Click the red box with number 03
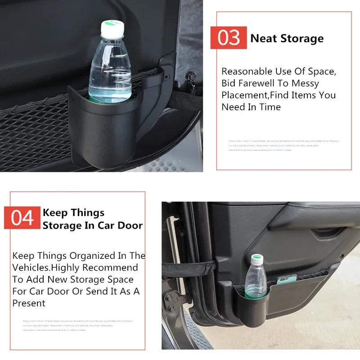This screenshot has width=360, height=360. (229, 38)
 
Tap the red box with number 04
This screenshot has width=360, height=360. (22, 218)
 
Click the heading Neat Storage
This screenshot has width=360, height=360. (287, 38)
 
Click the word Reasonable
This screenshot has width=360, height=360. (247, 72)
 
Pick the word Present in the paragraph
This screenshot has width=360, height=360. (29, 303)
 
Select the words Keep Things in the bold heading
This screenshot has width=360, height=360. (73, 213)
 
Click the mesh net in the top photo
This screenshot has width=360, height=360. (31, 135)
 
